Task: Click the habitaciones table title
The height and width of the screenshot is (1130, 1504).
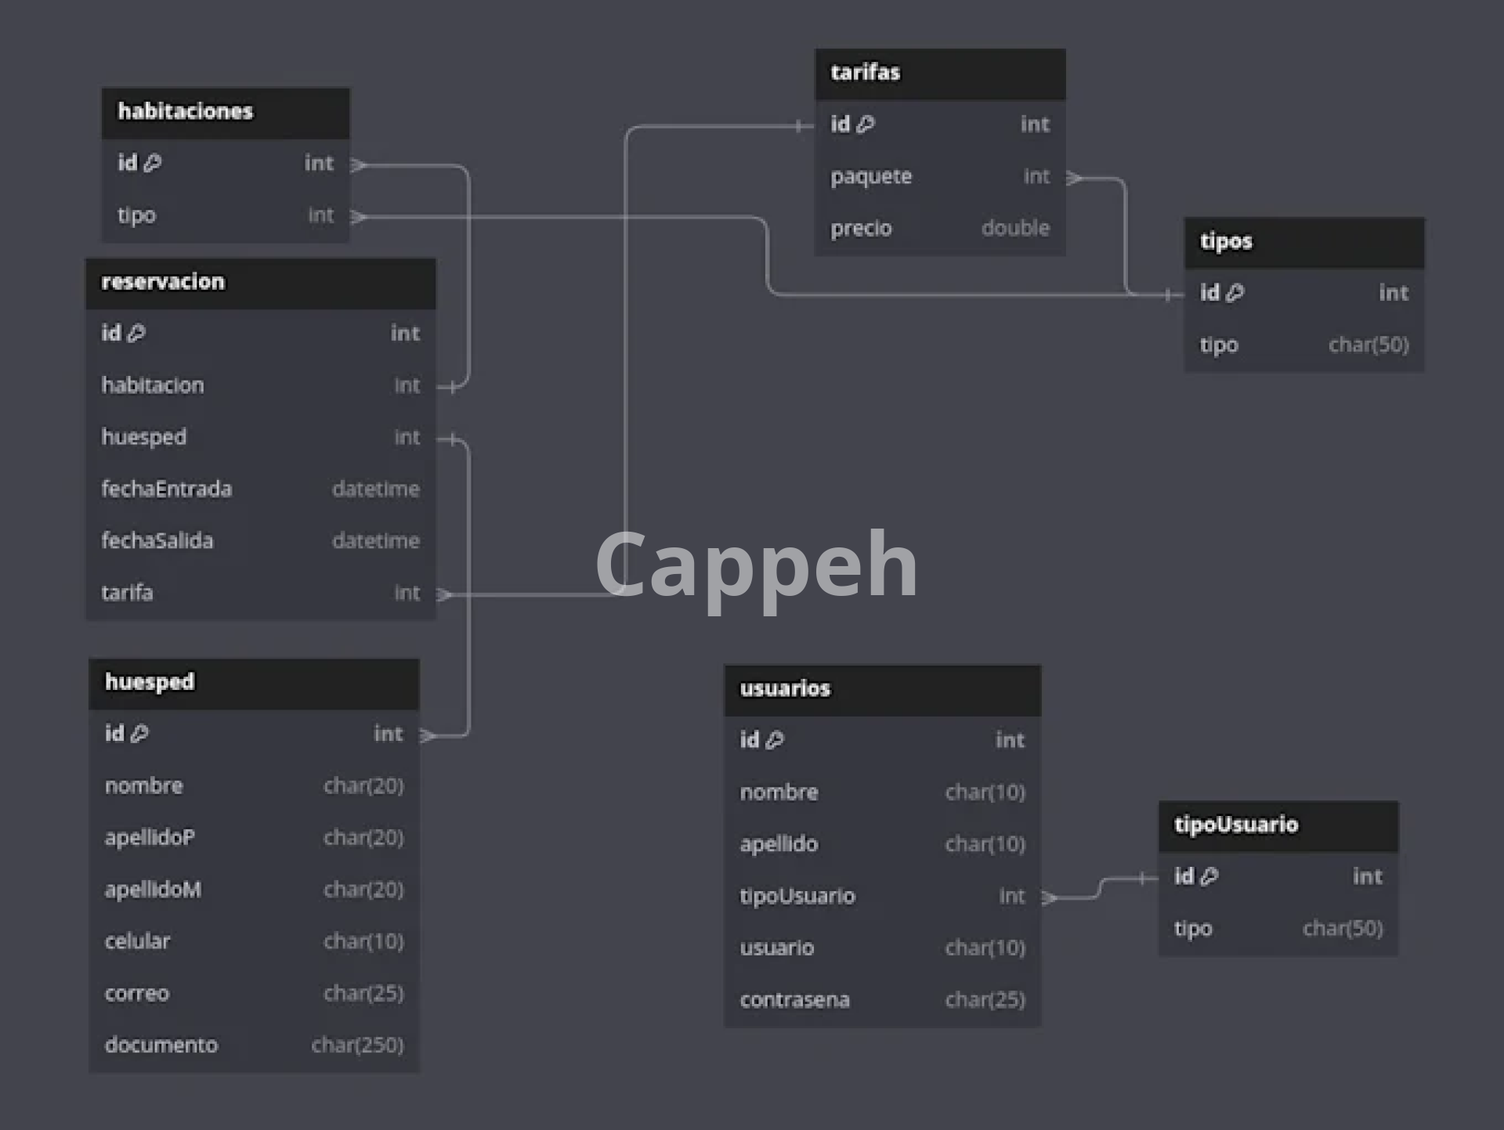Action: (186, 111)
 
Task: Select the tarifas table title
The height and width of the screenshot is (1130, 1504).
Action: (865, 72)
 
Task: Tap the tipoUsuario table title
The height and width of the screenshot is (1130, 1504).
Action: (1235, 824)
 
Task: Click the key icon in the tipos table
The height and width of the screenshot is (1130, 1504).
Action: (1235, 293)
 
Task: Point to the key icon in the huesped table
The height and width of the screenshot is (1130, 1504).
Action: (139, 734)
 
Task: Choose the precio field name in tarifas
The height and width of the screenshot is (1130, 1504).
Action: (861, 228)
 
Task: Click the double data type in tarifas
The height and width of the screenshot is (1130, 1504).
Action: (1015, 228)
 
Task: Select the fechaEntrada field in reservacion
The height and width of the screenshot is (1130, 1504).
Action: (166, 489)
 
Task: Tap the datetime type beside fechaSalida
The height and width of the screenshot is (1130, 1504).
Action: (375, 540)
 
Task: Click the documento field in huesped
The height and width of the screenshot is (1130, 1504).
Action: (161, 1045)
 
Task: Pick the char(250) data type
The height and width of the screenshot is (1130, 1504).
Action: (357, 1045)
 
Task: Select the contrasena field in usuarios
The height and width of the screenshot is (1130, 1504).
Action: (794, 999)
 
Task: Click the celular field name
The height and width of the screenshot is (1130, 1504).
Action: (137, 940)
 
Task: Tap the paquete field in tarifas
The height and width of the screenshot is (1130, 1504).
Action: (871, 176)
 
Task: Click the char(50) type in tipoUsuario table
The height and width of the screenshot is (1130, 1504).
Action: (1342, 928)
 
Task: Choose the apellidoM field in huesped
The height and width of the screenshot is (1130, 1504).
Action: (153, 889)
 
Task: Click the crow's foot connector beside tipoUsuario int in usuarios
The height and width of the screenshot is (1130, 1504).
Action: (1050, 897)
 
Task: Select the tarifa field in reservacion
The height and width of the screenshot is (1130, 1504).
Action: (127, 592)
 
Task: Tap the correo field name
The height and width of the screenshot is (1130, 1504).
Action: (137, 993)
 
